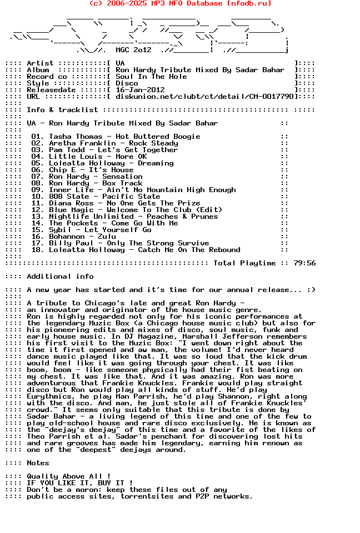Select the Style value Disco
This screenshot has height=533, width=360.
click(127, 83)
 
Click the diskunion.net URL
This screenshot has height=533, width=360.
click(204, 97)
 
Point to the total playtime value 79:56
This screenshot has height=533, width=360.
click(304, 263)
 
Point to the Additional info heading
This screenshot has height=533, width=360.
click(60, 276)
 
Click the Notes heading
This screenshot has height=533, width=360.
click(38, 463)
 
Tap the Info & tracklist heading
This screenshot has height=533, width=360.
click(62, 110)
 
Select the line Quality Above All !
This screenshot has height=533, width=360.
click(69, 476)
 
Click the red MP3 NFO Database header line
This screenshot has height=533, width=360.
click(180, 3)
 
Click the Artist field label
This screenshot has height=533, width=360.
click(40, 63)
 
